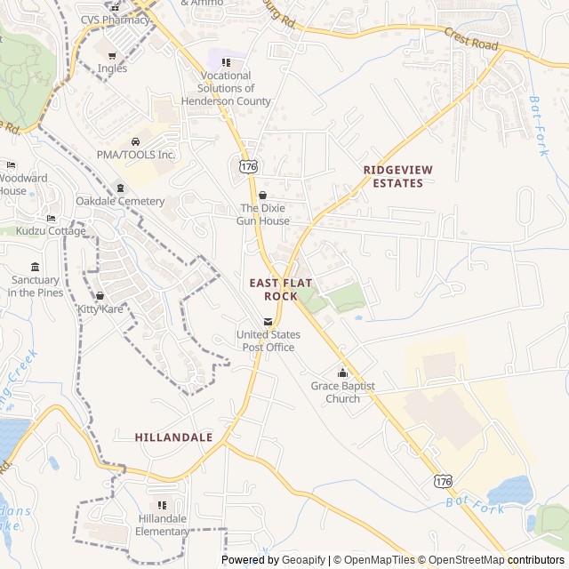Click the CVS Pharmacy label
tap(115, 20)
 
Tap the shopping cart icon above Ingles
tap(112, 56)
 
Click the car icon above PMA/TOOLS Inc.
tap(136, 141)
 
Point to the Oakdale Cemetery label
tap(120, 201)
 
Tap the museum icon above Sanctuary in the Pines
tap(35, 268)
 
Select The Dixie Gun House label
tap(262, 214)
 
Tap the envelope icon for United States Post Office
tap(268, 322)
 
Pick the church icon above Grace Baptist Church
tap(342, 373)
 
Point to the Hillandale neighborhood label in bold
tap(173, 437)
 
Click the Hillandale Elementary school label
tap(162, 525)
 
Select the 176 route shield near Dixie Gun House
tap(248, 165)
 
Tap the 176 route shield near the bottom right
tap(442, 481)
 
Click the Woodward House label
tap(24, 184)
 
